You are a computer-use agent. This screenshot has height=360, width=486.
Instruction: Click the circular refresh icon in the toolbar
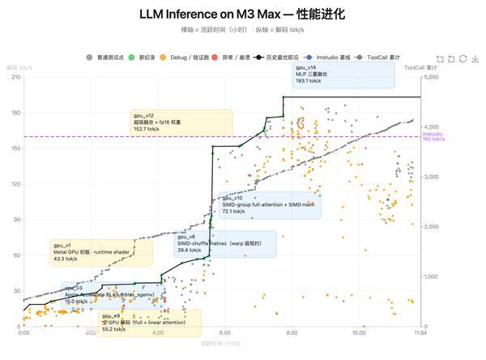pyautogui.click(x=463, y=58)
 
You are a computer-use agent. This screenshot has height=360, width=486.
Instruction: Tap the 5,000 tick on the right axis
pyautogui.click(x=432, y=77)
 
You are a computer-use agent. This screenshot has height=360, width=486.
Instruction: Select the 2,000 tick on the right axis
pyautogui.click(x=432, y=227)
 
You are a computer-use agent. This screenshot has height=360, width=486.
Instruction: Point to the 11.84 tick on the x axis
pyautogui.click(x=420, y=333)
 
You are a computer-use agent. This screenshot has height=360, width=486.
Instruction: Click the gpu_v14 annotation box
pyautogui.click(x=343, y=75)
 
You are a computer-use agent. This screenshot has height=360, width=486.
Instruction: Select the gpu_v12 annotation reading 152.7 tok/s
pyautogui.click(x=181, y=122)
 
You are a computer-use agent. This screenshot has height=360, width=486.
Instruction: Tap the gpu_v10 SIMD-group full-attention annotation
pyautogui.click(x=270, y=204)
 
